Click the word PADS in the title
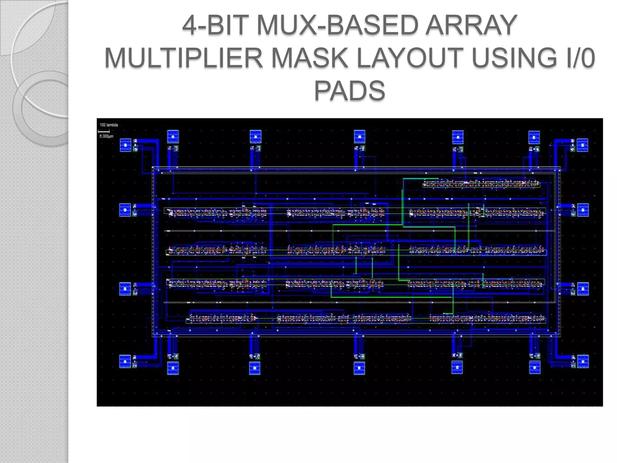coord(349,90)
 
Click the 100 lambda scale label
coord(109,125)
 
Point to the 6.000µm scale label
coord(106,136)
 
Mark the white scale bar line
coord(104,131)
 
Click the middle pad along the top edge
coord(359,136)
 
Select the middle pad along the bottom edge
coord(359,368)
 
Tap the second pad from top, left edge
coord(125,210)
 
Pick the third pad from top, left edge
coord(125,289)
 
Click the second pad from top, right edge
coord(583,210)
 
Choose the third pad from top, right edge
coord(583,289)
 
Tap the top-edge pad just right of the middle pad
coord(458,137)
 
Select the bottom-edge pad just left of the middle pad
coord(255,368)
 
